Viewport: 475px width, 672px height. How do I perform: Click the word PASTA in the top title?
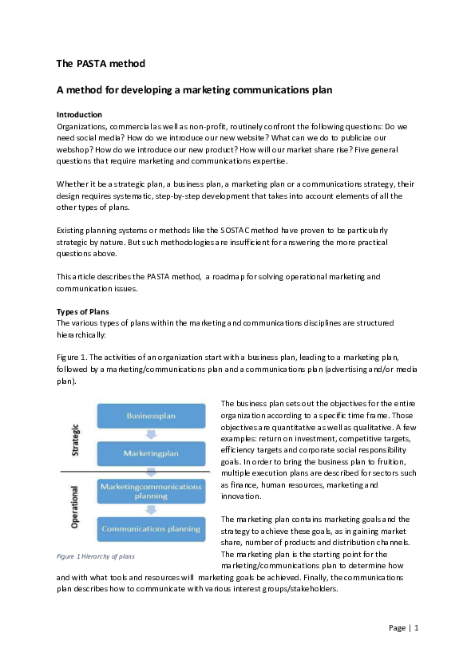click(x=89, y=63)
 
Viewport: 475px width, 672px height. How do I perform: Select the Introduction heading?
click(x=79, y=115)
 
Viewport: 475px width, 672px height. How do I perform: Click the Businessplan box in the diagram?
click(x=152, y=416)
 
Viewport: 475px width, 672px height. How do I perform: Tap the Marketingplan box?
click(x=152, y=453)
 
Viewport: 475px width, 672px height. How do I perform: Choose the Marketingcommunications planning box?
click(x=152, y=491)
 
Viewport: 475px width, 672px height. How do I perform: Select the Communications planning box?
click(x=152, y=528)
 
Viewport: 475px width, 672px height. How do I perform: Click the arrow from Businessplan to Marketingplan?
click(x=151, y=434)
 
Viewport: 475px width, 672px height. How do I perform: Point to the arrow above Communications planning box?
click(x=151, y=510)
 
